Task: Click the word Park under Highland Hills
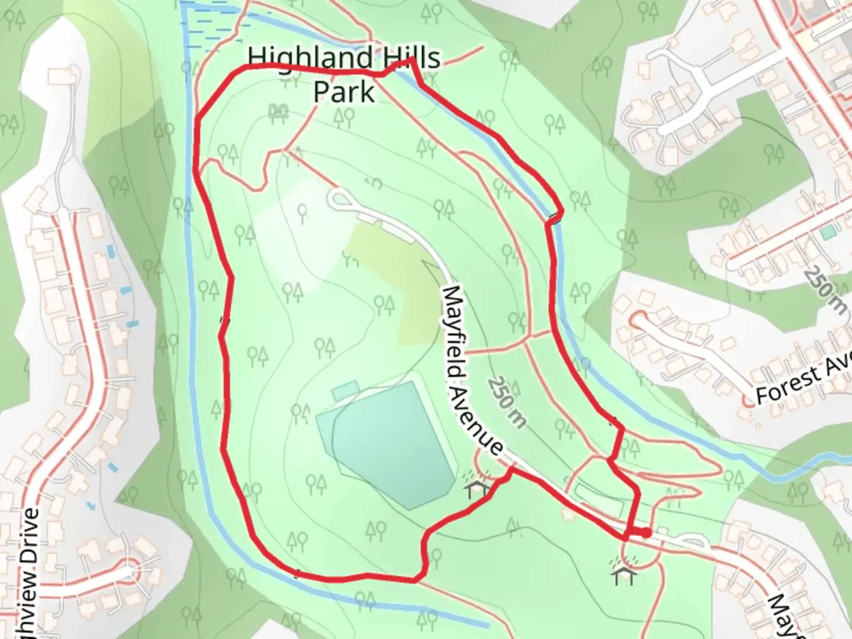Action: pos(344,92)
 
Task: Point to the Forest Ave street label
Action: pos(803,377)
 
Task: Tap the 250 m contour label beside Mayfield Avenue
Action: pos(506,402)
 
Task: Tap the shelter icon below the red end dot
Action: pos(625,571)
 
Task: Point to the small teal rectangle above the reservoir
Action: pos(345,390)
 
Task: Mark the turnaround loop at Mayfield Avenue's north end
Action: pos(341,198)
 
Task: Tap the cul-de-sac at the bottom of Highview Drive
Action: pos(129,573)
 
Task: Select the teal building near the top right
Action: pos(827,233)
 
